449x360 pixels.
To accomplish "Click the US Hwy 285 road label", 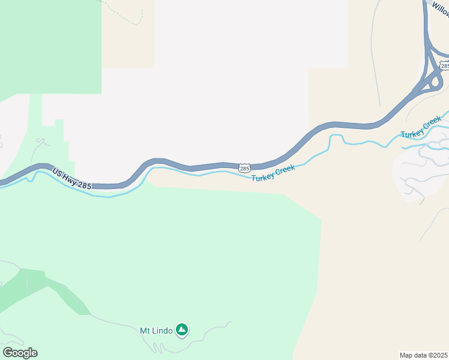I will (71, 179).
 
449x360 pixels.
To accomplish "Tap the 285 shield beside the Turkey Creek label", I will (244, 169).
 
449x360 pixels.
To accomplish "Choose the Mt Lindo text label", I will (156, 330).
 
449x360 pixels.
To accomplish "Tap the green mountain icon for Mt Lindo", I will (182, 329).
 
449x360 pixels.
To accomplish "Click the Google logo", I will (20, 352).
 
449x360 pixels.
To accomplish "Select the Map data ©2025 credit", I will (424, 355).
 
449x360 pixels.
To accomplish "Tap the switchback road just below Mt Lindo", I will (157, 347).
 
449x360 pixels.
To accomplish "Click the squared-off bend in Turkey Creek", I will (336, 139).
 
